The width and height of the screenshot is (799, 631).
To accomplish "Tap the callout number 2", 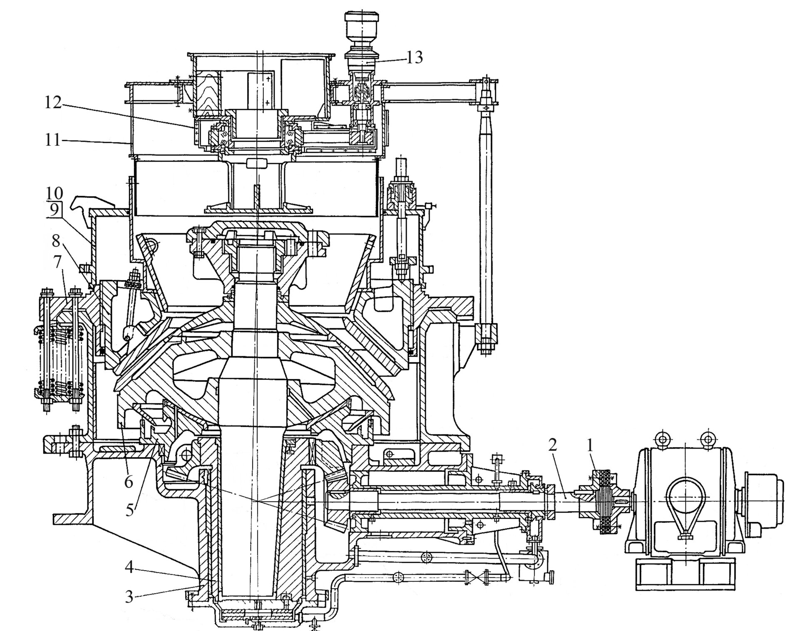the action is (552, 445).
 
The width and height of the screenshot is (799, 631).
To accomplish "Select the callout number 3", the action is (129, 597).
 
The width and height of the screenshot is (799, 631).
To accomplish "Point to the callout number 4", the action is (129, 567).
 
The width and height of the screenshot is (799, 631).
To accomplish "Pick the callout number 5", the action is (130, 509).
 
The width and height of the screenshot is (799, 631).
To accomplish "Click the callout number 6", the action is (128, 482).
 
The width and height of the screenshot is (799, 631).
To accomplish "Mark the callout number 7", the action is (57, 263).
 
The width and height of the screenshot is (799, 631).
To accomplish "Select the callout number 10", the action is (54, 193).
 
